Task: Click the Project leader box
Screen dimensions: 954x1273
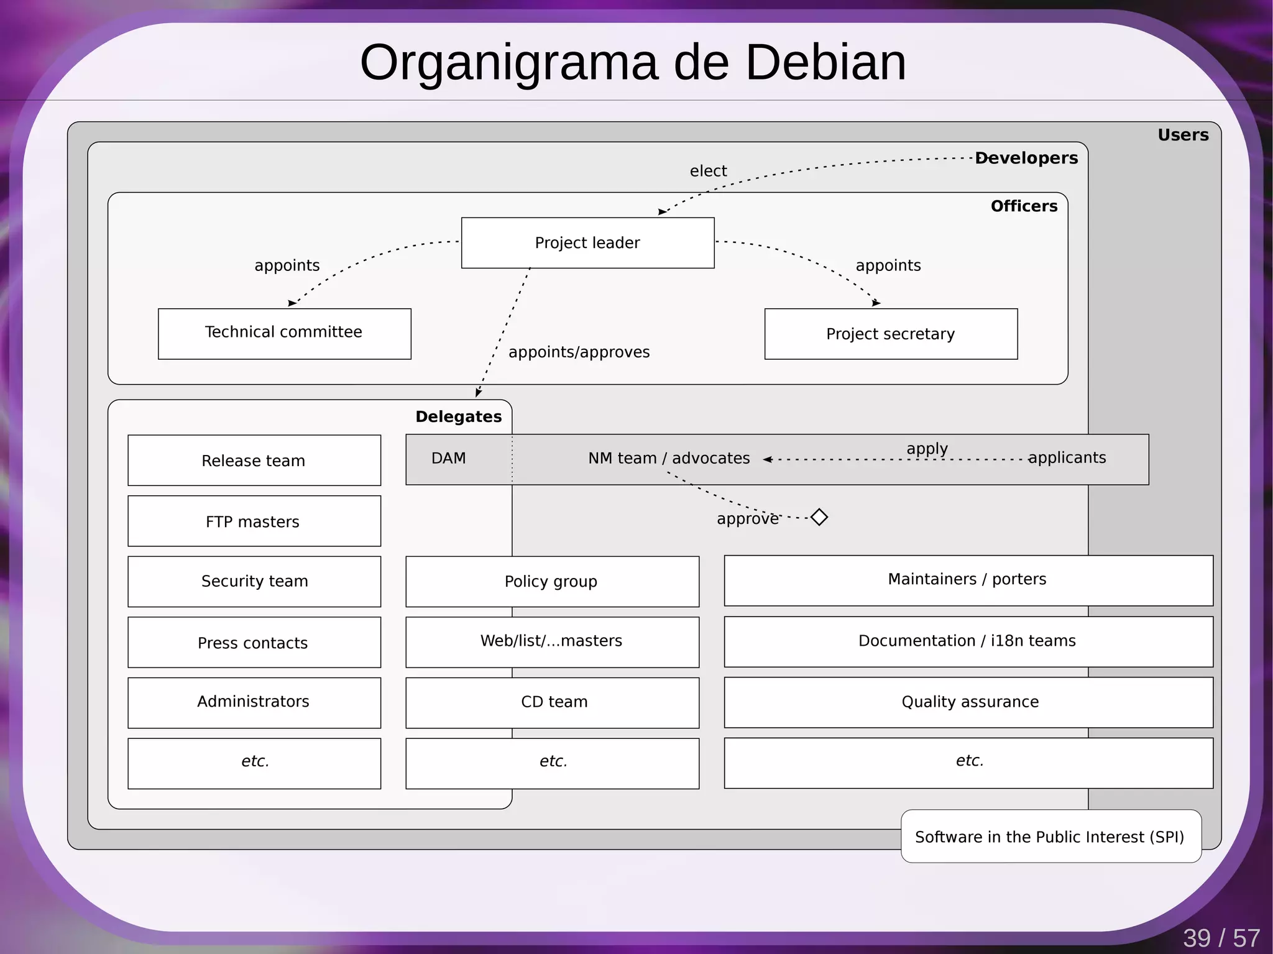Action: coord(587,243)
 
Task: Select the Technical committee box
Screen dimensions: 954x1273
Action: coord(284,333)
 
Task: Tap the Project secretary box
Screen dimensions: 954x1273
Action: coord(890,334)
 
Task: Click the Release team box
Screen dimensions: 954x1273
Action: coord(254,461)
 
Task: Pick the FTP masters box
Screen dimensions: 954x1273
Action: coord(254,521)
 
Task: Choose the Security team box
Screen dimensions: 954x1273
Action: coord(254,581)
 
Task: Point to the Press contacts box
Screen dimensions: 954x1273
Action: coord(254,643)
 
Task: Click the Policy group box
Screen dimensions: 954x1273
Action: coord(551,582)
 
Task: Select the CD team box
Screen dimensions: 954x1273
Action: coord(551,702)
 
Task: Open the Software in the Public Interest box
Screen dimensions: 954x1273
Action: coord(1050,837)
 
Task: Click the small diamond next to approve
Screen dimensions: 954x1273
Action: coord(819,517)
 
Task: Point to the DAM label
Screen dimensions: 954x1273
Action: coord(448,459)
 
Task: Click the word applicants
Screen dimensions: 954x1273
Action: coord(1067,458)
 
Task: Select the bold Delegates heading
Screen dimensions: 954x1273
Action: coord(458,417)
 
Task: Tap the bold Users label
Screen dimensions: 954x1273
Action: coord(1182,135)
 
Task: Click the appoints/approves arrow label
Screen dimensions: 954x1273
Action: coord(579,352)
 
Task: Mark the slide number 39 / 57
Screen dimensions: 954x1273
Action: coord(1221,938)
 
